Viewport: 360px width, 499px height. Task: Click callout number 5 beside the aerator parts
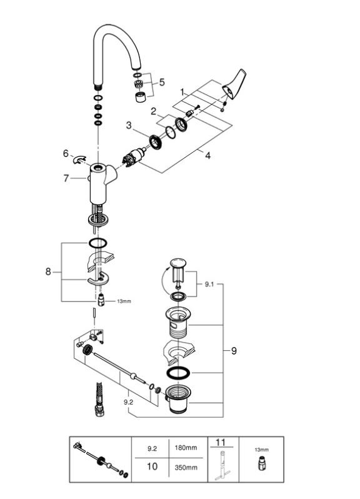[x=162, y=82]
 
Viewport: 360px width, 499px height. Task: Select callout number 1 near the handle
[x=182, y=93]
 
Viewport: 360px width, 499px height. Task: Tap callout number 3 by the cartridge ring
[x=129, y=126]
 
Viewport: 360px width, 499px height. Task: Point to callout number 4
[x=207, y=156]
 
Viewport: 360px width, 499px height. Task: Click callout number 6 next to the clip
[x=66, y=154]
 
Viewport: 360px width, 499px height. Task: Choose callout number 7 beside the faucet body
[x=66, y=178]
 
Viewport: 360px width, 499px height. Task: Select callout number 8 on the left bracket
[x=48, y=272]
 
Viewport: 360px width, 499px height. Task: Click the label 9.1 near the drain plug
[x=209, y=284]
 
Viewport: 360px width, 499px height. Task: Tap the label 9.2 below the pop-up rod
[x=128, y=402]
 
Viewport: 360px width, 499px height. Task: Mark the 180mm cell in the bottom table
[x=186, y=448]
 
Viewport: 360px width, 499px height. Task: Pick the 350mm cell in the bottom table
[x=186, y=468]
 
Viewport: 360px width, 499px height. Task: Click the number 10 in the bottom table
[x=152, y=466]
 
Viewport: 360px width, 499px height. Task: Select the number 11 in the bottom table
[x=221, y=442]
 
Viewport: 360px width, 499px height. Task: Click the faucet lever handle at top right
[x=235, y=84]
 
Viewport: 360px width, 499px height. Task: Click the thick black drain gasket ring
[x=178, y=373]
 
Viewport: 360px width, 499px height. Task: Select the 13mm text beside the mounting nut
[x=124, y=301]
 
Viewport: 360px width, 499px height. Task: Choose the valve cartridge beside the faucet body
[x=134, y=158]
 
